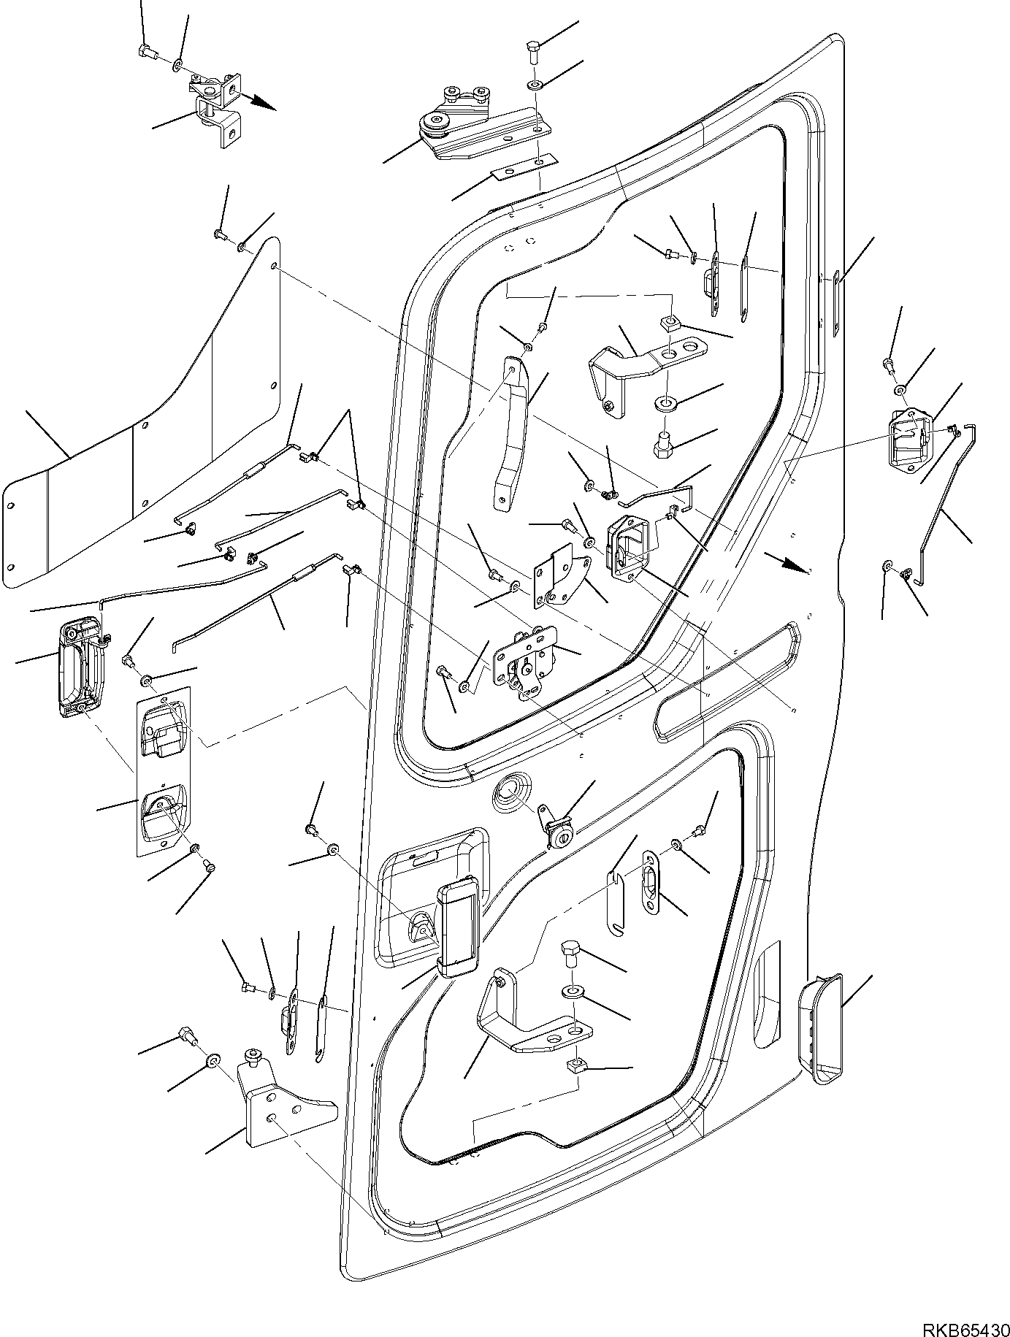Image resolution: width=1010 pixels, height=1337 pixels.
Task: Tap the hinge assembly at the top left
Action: [216, 106]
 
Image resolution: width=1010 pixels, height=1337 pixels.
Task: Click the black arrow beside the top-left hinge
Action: [262, 104]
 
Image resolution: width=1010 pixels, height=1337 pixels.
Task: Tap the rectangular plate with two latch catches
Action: [164, 770]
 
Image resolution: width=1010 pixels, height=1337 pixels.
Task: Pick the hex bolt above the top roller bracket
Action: [532, 53]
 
